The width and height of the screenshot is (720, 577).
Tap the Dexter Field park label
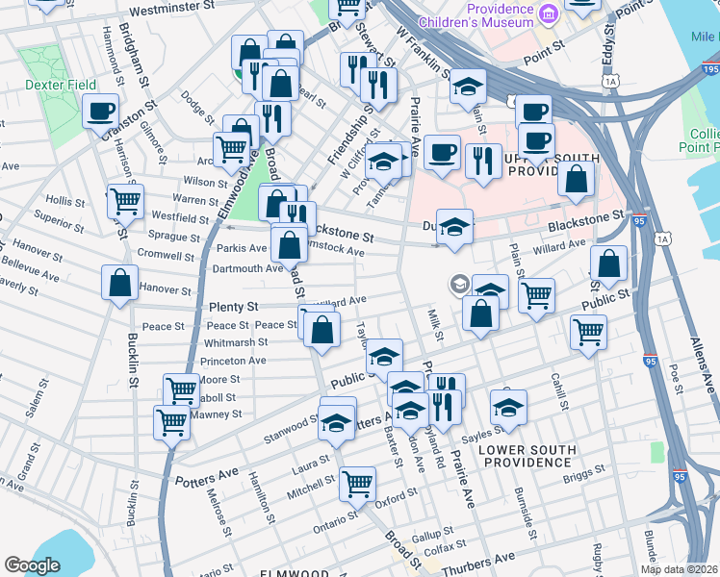point(61,85)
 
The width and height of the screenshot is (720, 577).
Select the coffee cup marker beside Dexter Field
point(100,112)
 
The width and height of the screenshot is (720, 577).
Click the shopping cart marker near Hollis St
point(125,201)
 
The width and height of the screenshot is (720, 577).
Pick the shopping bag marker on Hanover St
point(119,283)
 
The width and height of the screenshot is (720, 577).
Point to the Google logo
point(32,564)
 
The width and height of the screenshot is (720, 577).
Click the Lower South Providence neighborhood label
point(527,456)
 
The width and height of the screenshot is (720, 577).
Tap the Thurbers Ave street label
point(505,559)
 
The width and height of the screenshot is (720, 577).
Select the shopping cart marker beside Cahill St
point(588,333)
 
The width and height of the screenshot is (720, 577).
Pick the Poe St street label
point(676,379)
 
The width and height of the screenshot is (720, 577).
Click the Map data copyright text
point(679,568)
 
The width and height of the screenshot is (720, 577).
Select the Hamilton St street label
point(259,498)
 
